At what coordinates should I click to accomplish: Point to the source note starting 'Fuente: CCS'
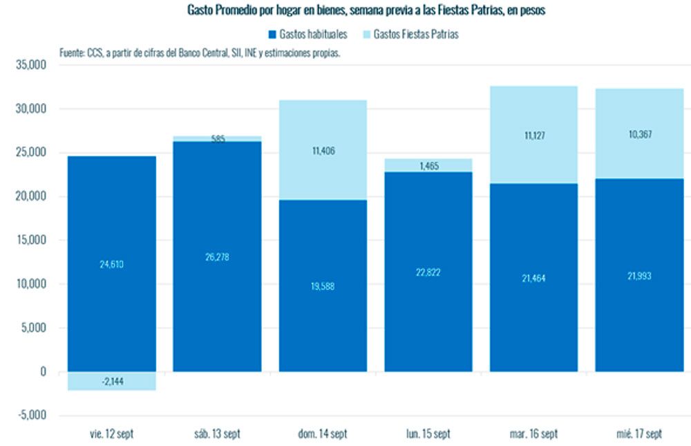pos(200,53)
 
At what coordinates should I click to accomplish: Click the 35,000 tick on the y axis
pos(30,65)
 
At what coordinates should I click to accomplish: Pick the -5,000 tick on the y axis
pos(32,416)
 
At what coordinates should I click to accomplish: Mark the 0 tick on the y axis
pos(43,372)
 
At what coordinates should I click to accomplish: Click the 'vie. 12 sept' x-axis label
pos(112,434)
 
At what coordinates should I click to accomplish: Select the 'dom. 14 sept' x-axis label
pos(323,434)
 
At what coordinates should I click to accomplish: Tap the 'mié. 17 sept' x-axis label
pos(639,434)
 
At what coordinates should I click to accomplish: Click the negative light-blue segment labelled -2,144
pos(112,381)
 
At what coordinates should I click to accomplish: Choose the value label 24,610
pos(112,263)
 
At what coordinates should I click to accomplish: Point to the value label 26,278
pos(217,257)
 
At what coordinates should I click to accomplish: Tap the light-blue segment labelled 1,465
pos(428,165)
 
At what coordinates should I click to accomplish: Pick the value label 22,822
pos(428,272)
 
